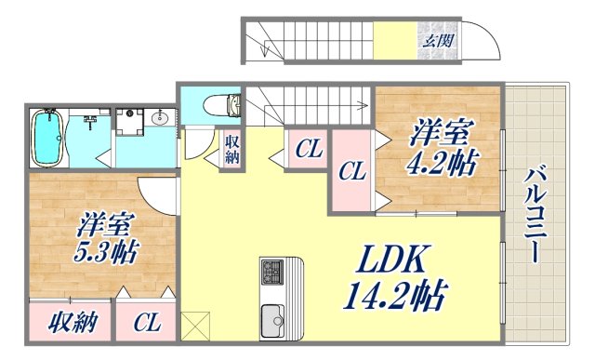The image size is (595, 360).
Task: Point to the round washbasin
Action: (159, 118)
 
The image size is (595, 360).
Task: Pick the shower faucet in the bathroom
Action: (90, 121)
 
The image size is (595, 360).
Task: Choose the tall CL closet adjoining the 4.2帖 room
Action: (351, 171)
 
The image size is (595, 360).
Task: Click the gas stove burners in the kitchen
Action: (271, 273)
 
